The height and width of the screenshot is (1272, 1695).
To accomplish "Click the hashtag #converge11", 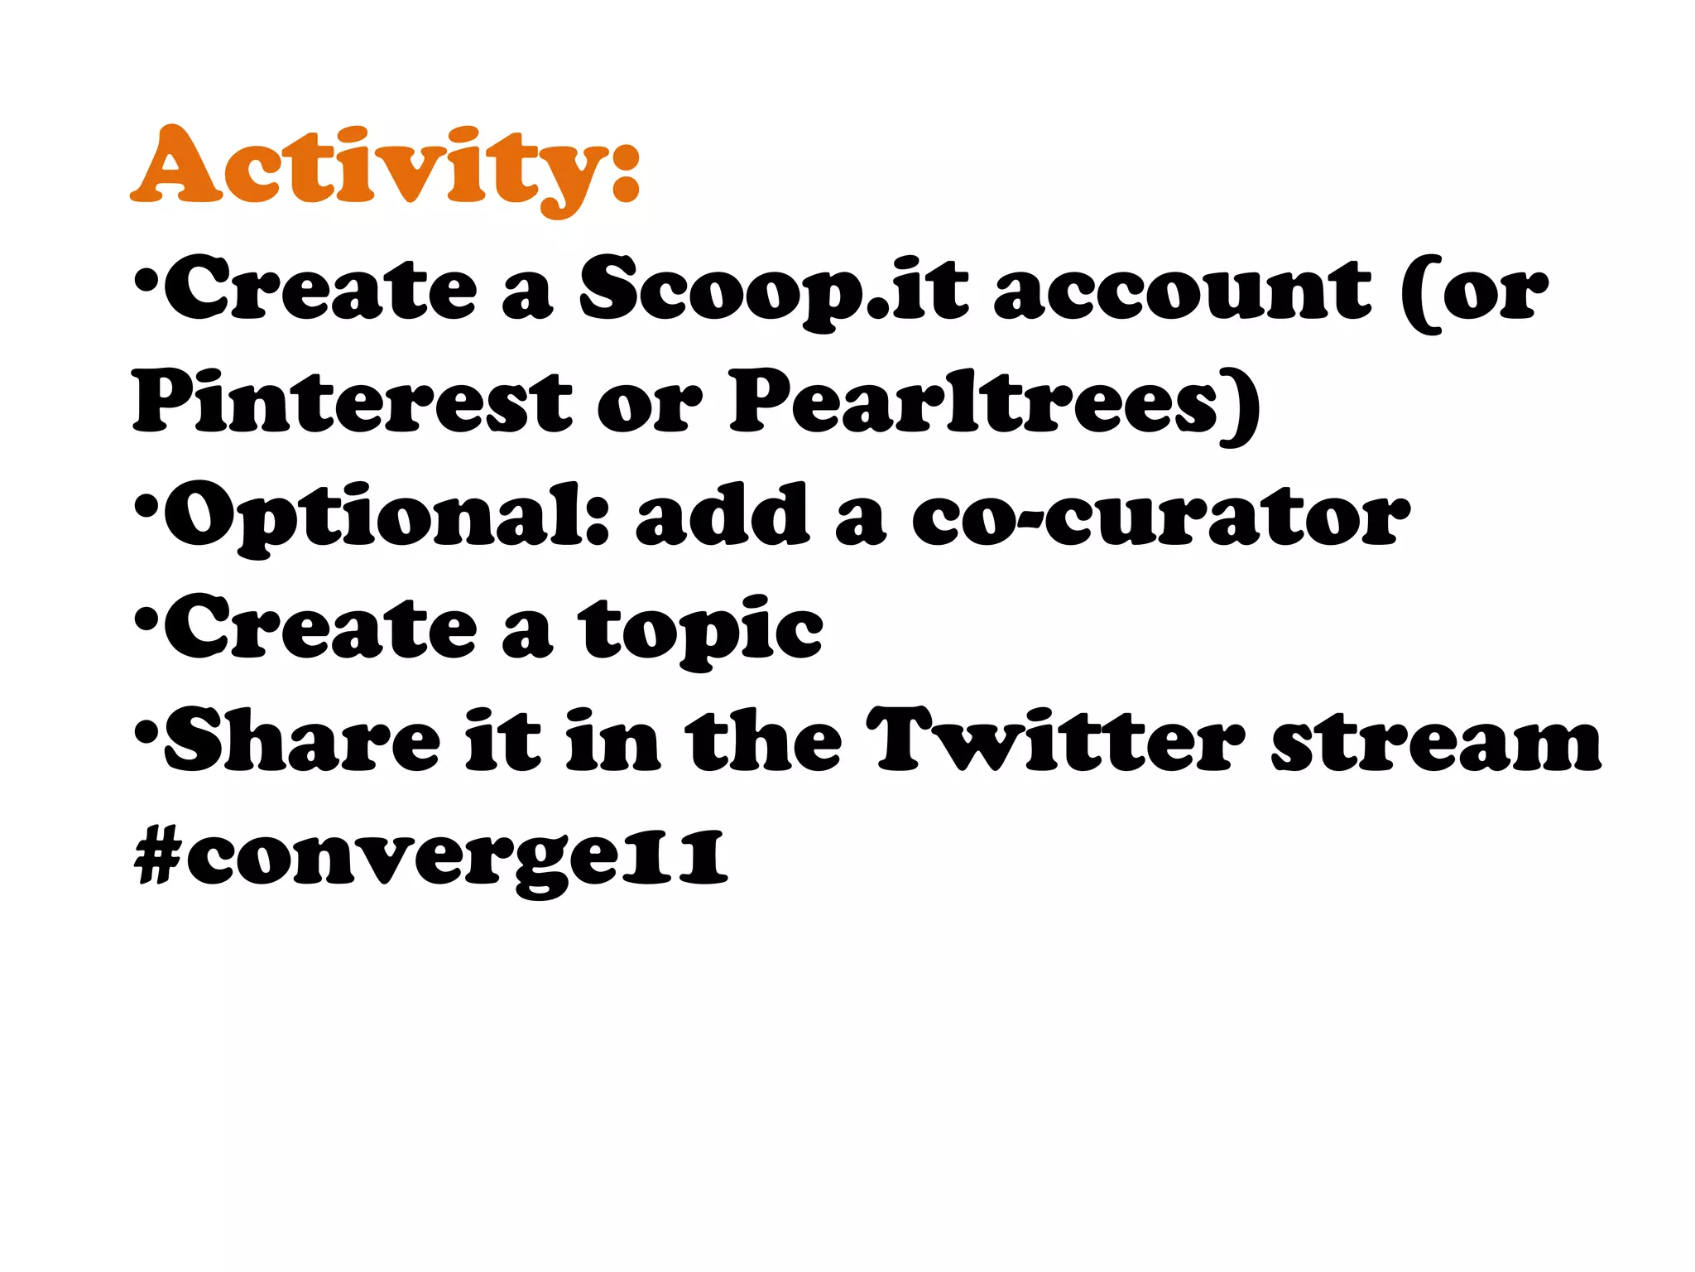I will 430,857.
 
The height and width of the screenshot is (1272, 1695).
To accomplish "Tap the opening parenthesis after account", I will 1419,294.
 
